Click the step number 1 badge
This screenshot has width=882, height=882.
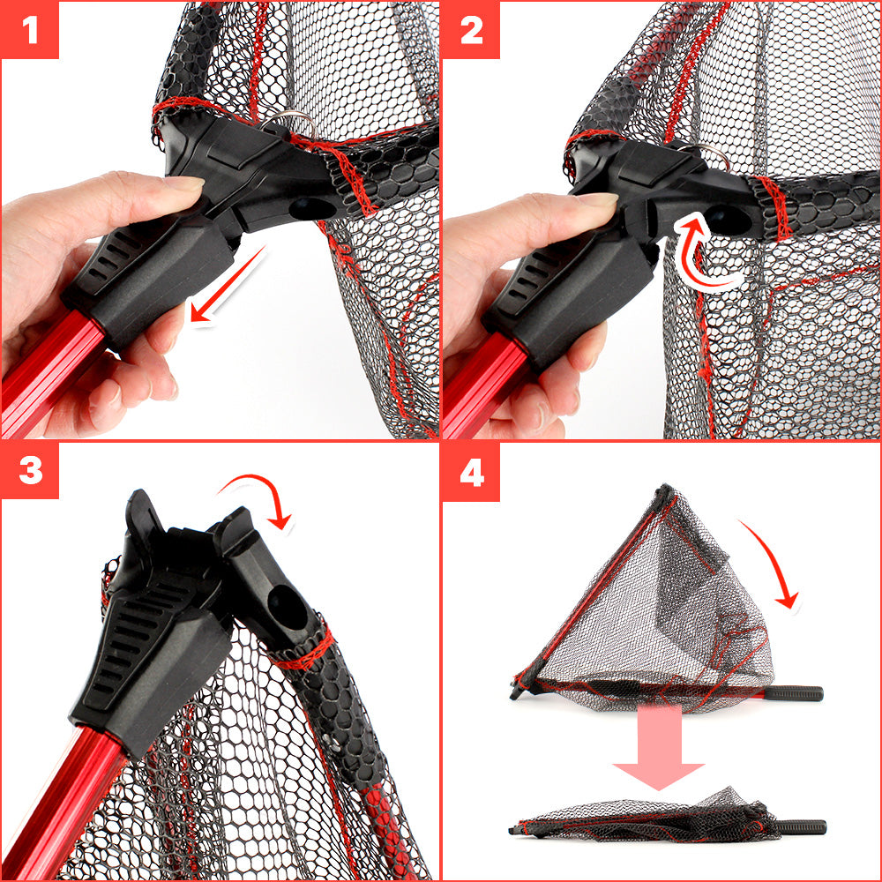click(x=30, y=29)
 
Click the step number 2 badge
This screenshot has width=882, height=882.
click(x=471, y=29)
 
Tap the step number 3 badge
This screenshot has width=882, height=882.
click(x=30, y=470)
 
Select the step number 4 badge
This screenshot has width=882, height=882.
click(x=471, y=471)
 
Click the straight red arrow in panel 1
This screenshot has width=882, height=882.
click(x=227, y=286)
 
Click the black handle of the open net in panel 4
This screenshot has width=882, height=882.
click(x=793, y=693)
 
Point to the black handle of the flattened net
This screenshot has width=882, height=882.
click(x=802, y=827)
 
